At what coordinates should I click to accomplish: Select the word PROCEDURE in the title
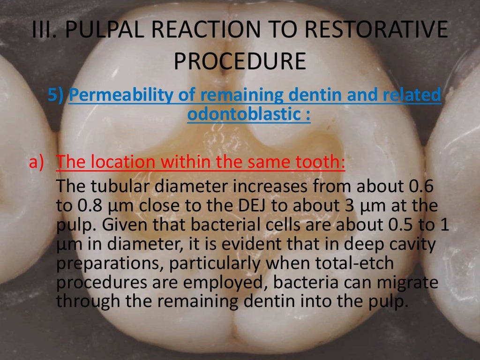click(x=240, y=61)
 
